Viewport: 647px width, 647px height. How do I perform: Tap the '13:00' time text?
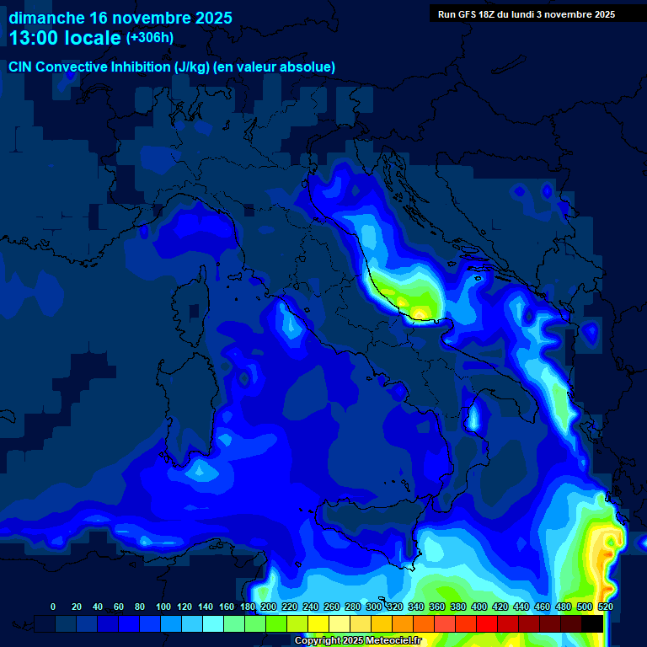pos(35,38)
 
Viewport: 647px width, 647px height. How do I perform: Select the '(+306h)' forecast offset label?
pos(150,38)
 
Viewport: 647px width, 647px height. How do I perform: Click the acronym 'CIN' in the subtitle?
pos(20,67)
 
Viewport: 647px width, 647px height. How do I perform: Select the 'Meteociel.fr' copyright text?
pos(388,641)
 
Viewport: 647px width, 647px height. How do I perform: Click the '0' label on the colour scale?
pos(53,607)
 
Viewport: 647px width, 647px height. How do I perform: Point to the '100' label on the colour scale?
pos(163,607)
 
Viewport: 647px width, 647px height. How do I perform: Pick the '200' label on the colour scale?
pos(269,607)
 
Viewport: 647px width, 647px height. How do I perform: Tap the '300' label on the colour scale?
pos(374,607)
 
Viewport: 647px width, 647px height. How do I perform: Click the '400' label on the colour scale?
pos(479,607)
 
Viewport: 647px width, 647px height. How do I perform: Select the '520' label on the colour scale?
pos(605,607)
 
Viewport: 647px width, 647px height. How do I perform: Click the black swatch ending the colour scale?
pos(592,623)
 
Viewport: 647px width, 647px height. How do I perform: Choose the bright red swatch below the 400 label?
pos(487,623)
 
